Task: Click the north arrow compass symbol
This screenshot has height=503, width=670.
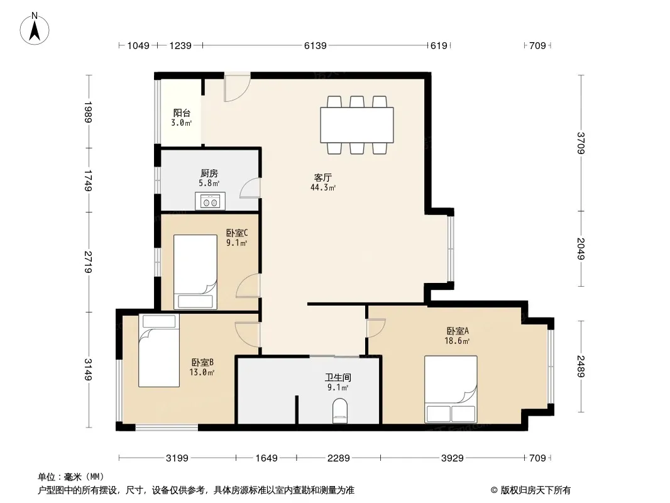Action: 35,29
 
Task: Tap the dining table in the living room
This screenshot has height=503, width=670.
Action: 357,124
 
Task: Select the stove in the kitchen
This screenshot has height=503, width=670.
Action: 210,201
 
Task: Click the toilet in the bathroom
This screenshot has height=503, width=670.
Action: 340,411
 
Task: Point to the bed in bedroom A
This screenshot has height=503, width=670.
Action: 451,389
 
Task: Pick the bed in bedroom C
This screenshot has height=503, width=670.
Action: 195,272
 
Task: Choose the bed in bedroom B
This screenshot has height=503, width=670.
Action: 159,350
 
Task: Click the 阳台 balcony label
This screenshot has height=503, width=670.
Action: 182,113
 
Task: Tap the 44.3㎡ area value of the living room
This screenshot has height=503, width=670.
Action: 323,187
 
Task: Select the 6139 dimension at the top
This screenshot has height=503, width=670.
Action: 316,45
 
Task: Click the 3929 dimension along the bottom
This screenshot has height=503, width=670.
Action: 452,458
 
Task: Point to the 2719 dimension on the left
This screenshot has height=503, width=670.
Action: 89,262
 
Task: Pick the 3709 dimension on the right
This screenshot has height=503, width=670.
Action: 581,143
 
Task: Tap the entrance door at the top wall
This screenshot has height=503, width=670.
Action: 237,87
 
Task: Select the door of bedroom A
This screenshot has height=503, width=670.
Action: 376,328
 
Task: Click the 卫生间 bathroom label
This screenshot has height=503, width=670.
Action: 338,377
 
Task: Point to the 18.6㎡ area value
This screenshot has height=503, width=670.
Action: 457,341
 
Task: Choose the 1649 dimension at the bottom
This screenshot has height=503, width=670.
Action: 266,458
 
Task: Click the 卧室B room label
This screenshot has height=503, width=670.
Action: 202,362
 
